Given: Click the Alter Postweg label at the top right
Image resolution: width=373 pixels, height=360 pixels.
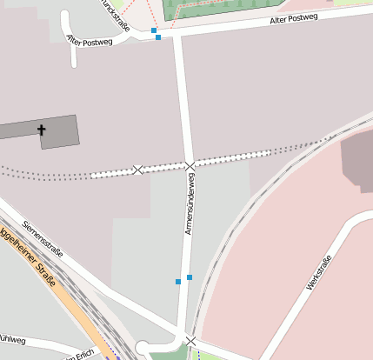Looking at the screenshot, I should click(293, 17).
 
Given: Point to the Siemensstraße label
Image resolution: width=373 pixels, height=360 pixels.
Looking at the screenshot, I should click(43, 241).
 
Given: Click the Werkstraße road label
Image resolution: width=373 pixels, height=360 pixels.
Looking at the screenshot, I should click(320, 273).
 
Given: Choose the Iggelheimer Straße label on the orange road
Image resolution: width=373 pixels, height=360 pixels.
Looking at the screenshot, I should click(28, 257).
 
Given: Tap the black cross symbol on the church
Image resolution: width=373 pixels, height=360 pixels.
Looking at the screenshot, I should click(41, 130).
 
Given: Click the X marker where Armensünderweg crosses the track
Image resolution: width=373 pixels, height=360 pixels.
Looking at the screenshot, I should click(190, 165).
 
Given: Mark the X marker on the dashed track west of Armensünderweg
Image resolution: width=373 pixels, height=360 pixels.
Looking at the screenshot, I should click(137, 170).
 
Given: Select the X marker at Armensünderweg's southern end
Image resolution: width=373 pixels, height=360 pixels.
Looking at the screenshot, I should click(190, 340).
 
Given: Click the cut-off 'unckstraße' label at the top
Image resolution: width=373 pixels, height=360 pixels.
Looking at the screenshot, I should click(116, 15).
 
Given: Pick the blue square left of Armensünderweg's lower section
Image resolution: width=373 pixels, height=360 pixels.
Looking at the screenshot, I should click(178, 282).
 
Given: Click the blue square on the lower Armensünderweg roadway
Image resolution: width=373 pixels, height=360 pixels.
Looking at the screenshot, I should click(190, 277).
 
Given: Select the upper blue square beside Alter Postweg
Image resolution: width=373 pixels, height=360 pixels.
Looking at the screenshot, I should click(154, 30).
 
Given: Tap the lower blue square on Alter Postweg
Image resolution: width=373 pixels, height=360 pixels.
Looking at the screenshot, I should click(158, 37).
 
